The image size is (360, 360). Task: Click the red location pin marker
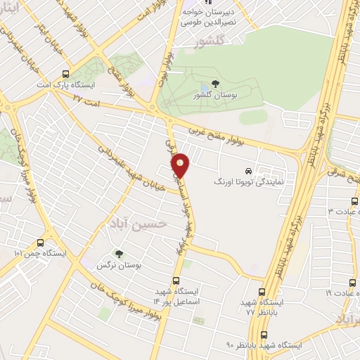(181, 165)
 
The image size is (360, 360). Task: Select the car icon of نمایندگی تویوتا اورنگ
(247, 171)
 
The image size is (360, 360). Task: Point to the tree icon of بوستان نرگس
(118, 254)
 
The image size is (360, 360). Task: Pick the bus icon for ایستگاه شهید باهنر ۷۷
(262, 292)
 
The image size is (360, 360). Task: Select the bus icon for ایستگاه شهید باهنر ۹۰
(264, 335)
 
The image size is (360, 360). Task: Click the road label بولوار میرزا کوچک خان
(130, 304)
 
